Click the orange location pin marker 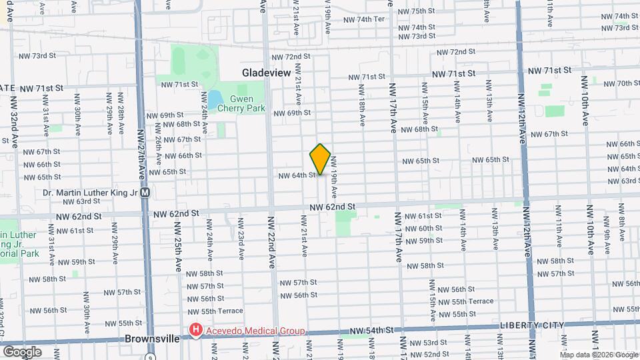point(321,159)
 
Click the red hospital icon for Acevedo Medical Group point(195,330)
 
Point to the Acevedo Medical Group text point(255,331)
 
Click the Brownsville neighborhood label point(152,339)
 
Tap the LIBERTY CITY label point(532,325)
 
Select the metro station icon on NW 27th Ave point(145,192)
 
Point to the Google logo point(23,351)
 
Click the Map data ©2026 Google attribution point(599,355)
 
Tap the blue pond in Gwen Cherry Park point(215,101)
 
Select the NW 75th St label point(418,11)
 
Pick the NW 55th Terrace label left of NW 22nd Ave point(213,311)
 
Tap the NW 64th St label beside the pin point(297,175)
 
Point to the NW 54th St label point(374,331)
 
